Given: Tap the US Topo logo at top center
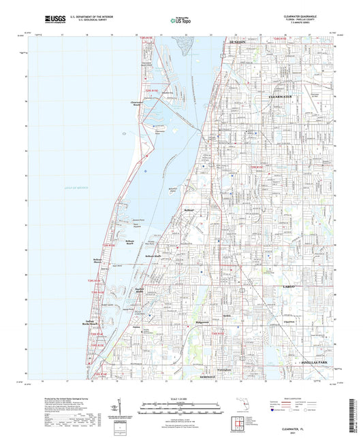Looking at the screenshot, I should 180,20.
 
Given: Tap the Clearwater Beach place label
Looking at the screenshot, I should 140,104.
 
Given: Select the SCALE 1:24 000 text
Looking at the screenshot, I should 182,397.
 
